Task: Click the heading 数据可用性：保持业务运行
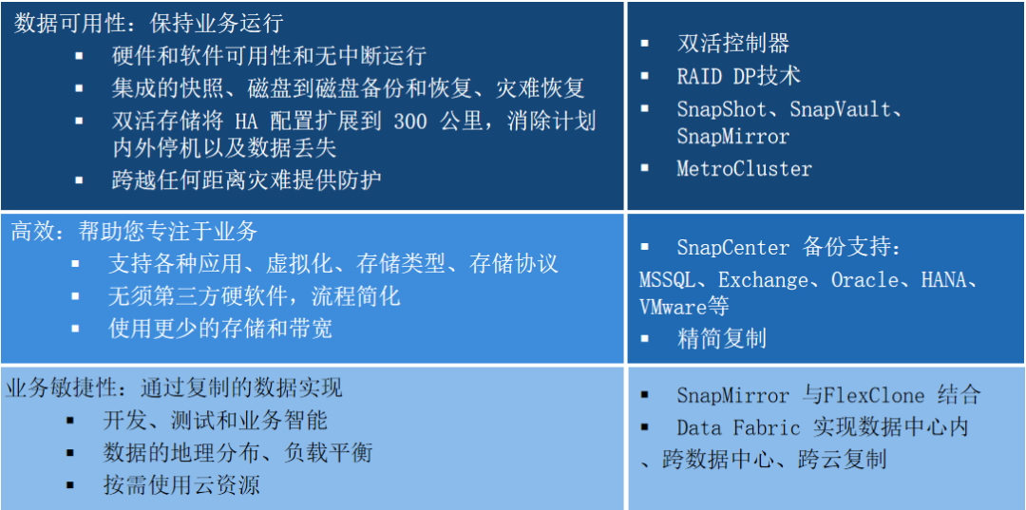148,24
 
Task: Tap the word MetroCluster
744,169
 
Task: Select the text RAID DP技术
739,76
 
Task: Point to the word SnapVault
840,108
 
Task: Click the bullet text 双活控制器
732,43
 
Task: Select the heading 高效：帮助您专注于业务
134,232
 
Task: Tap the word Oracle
864,280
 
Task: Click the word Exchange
763,280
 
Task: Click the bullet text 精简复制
722,339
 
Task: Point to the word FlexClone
874,396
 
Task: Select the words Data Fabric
738,428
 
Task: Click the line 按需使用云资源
181,484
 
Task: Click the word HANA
943,280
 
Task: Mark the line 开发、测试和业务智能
215,420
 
